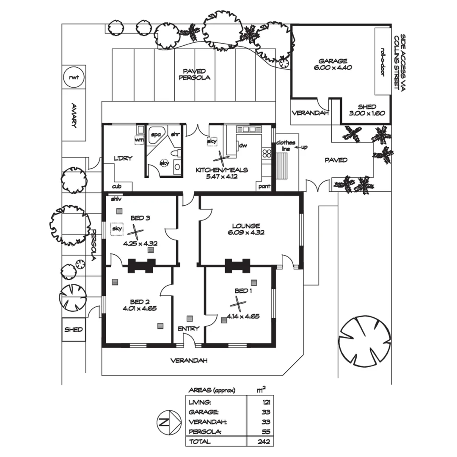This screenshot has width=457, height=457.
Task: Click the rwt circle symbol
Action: tap(74, 77)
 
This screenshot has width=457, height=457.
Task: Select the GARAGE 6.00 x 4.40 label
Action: tap(333, 64)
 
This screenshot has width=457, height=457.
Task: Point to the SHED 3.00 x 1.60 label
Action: tap(366, 110)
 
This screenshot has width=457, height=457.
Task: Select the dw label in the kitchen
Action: tap(243, 145)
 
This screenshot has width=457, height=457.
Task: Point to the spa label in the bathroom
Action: tap(156, 135)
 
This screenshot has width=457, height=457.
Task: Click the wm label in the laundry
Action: tap(139, 139)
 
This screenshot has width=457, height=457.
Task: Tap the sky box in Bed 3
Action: tap(116, 229)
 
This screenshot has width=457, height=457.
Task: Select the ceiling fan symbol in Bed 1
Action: tap(239, 304)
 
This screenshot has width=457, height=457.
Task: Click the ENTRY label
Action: tap(185, 329)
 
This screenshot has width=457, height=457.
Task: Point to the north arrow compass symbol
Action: tap(168, 422)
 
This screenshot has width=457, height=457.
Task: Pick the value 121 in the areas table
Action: tap(266, 402)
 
